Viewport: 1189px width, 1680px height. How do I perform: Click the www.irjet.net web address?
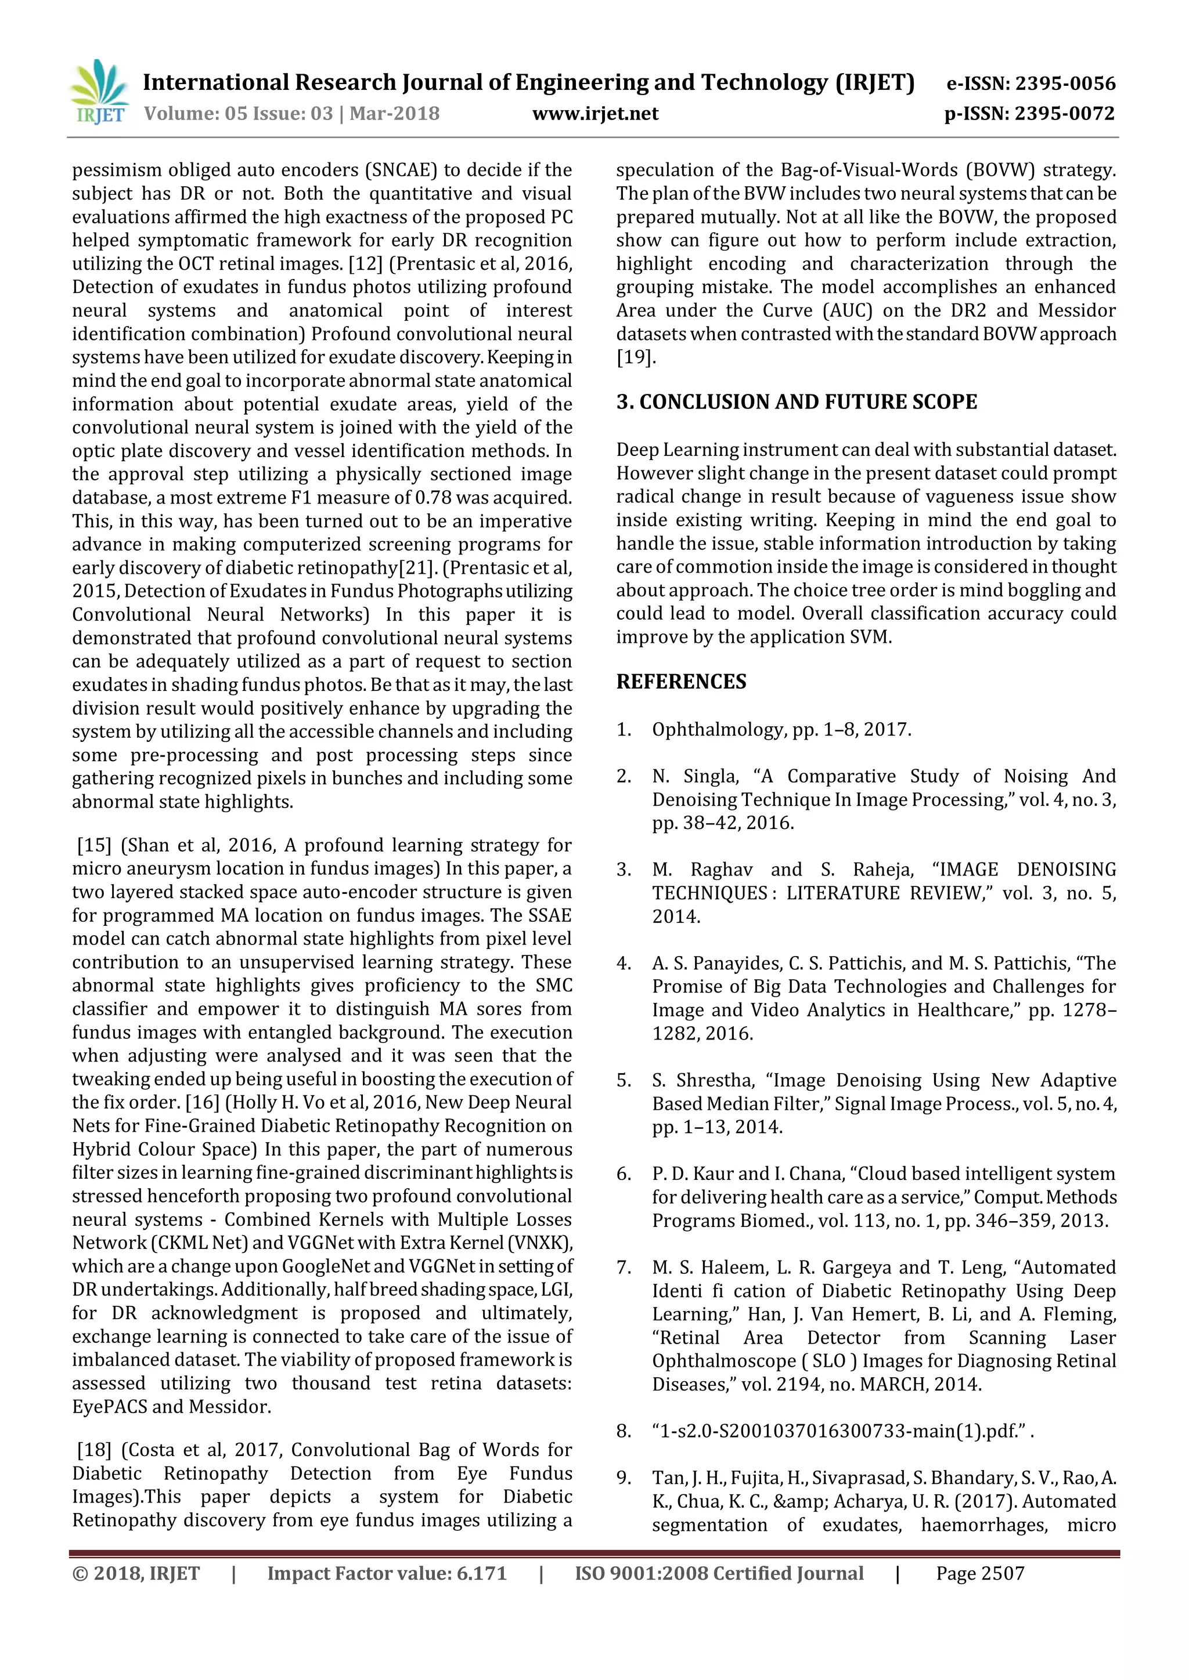click(594, 114)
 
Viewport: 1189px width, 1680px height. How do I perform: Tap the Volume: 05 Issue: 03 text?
click(238, 114)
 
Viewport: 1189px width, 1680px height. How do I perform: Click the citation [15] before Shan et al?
click(95, 845)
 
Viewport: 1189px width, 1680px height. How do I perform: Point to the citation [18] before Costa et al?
click(95, 1450)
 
